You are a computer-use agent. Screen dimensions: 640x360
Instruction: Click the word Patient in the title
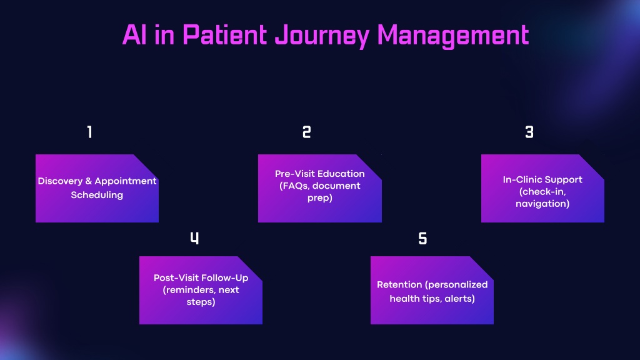pyautogui.click(x=225, y=35)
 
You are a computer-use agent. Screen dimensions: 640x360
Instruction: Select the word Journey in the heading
pyautogui.click(x=322, y=36)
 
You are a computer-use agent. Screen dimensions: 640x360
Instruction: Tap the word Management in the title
pyautogui.click(x=453, y=36)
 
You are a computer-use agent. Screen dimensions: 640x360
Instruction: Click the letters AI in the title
pyautogui.click(x=134, y=35)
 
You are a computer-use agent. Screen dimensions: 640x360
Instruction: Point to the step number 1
pyautogui.click(x=90, y=132)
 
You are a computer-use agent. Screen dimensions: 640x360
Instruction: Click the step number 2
pyautogui.click(x=306, y=132)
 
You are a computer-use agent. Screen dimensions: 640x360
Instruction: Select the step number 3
pyautogui.click(x=529, y=132)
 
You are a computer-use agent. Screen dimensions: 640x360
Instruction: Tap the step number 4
pyautogui.click(x=195, y=238)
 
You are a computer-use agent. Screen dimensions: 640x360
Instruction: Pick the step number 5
pyautogui.click(x=423, y=238)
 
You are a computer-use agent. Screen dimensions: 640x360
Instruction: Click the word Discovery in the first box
pyautogui.click(x=60, y=181)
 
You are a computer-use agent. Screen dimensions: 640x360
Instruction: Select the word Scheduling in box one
pyautogui.click(x=97, y=195)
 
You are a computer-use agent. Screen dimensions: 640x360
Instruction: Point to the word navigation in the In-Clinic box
pyautogui.click(x=542, y=204)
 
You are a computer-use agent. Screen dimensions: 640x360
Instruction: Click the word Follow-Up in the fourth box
pyautogui.click(x=226, y=278)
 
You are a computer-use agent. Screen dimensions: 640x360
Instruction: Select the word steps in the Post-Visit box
pyautogui.click(x=201, y=302)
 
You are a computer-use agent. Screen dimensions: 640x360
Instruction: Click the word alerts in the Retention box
pyautogui.click(x=459, y=299)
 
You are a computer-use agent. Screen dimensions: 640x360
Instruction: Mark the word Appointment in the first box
pyautogui.click(x=126, y=182)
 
